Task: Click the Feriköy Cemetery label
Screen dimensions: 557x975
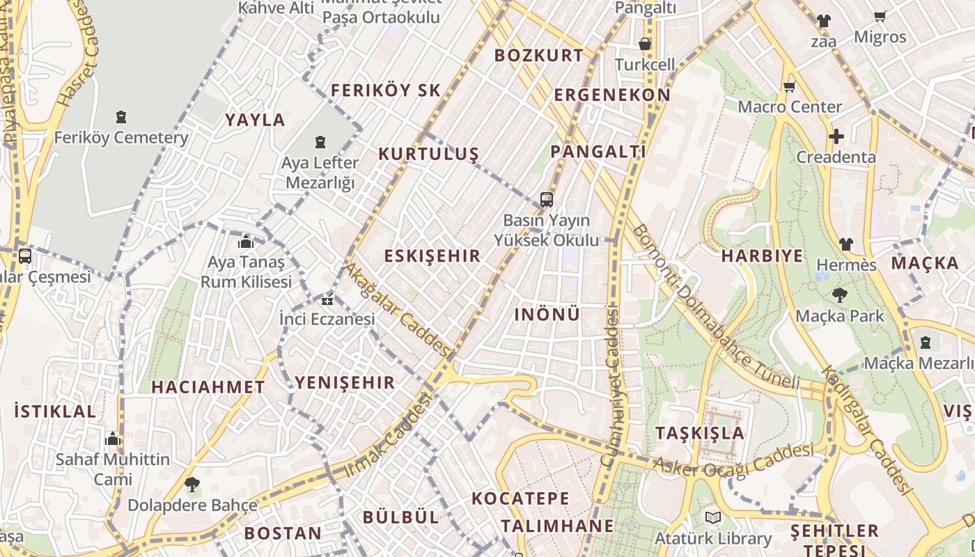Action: (121, 137)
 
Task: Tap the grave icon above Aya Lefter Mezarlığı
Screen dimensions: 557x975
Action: (320, 143)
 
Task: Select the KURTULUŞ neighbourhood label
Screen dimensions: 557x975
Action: (429, 154)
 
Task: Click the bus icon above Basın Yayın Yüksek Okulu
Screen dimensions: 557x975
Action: (547, 201)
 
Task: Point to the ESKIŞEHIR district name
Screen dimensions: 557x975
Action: (432, 256)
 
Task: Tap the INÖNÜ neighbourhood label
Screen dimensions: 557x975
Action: (547, 314)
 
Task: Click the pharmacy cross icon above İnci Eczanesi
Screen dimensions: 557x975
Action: (327, 301)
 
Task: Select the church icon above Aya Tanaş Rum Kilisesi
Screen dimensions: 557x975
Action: (245, 242)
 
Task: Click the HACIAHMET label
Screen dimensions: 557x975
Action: (208, 387)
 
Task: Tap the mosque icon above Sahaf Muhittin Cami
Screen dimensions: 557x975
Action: (113, 439)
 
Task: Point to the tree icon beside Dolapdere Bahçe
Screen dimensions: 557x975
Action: (192, 484)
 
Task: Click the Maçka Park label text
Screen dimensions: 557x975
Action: (840, 315)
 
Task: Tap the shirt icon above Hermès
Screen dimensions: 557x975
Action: (845, 244)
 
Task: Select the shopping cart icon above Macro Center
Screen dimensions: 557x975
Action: (789, 87)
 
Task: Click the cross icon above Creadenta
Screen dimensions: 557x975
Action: (836, 136)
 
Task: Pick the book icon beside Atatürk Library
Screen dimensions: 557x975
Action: (712, 518)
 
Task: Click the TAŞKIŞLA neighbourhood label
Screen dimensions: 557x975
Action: (700, 432)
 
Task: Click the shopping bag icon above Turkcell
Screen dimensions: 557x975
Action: (645, 44)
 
